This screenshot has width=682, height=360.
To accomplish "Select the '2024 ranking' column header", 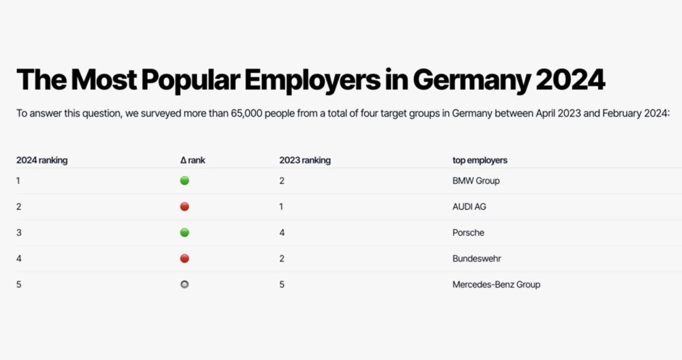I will tap(42, 160).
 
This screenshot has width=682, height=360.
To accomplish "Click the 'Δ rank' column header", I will tap(192, 160).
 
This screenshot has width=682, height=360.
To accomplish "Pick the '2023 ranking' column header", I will tap(305, 160).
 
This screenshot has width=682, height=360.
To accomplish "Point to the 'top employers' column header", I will tap(480, 160).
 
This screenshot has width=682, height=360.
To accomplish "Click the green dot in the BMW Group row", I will tap(184, 181).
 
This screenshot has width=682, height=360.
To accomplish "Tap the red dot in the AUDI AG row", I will tap(184, 207).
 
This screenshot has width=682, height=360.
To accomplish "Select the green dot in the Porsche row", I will tap(184, 232).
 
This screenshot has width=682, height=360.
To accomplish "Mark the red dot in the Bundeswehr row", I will tap(184, 258).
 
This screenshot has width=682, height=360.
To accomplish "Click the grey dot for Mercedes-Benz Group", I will tap(184, 284).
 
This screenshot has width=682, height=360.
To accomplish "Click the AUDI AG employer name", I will tap(470, 207).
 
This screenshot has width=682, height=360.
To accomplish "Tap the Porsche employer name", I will tap(469, 232).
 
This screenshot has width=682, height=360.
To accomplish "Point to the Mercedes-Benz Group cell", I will tap(496, 284).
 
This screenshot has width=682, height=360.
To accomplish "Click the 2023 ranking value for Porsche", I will tap(282, 232).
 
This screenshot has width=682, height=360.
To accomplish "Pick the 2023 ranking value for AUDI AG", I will tap(281, 207).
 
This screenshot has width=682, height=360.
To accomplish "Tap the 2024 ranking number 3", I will tap(18, 232).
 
